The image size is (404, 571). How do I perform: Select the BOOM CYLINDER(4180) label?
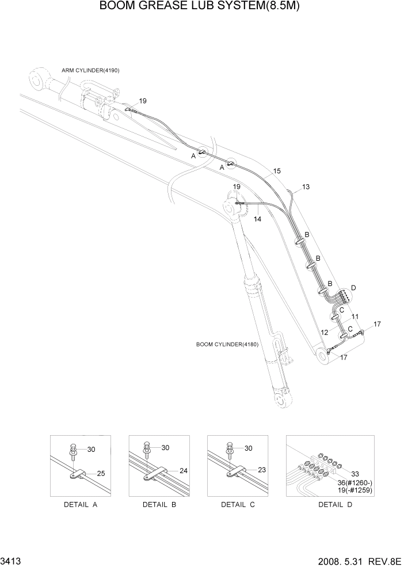pyautogui.click(x=227, y=345)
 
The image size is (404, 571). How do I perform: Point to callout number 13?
pyautogui.click(x=306, y=187)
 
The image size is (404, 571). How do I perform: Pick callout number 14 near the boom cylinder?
pyautogui.click(x=257, y=219)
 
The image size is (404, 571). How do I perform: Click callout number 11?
pyautogui.click(x=356, y=317)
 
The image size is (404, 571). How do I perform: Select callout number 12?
pyautogui.click(x=325, y=332)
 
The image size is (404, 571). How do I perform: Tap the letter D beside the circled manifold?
pyautogui.click(x=353, y=287)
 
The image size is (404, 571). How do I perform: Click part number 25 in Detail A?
pyautogui.click(x=101, y=473)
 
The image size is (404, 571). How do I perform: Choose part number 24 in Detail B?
pyautogui.click(x=184, y=470)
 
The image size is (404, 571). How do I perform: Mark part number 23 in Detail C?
pyautogui.click(x=262, y=470)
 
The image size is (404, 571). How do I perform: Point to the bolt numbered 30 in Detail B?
pyautogui.click(x=147, y=452)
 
